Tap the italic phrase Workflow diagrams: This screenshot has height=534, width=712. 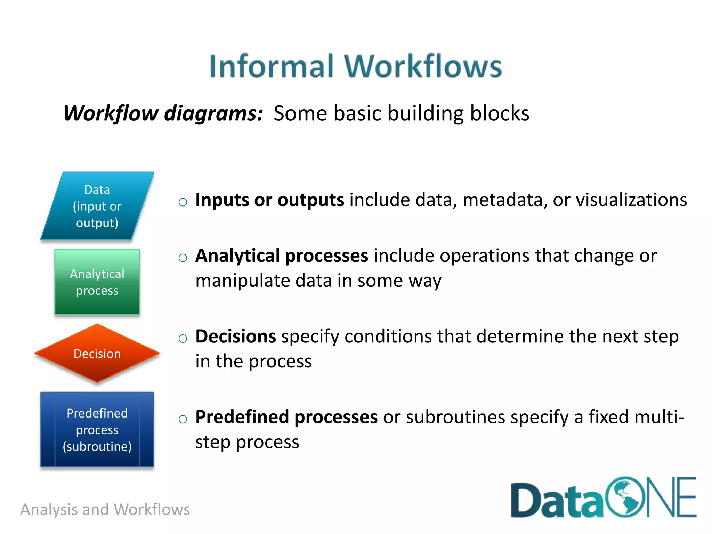point(163,113)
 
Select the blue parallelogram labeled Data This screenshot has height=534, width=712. point(97,206)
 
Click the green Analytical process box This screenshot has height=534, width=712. point(97,282)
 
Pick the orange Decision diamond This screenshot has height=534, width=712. point(97,354)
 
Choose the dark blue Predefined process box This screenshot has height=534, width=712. point(97,429)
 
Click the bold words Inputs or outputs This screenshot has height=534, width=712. point(269,200)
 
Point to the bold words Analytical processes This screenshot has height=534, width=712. point(282,256)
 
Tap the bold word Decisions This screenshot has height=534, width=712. point(236,337)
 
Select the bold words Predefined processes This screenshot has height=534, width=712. point(286,417)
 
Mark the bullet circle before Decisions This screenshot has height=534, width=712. point(183,338)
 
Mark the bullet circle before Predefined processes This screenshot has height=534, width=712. point(183,419)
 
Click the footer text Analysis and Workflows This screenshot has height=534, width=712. point(105,509)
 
